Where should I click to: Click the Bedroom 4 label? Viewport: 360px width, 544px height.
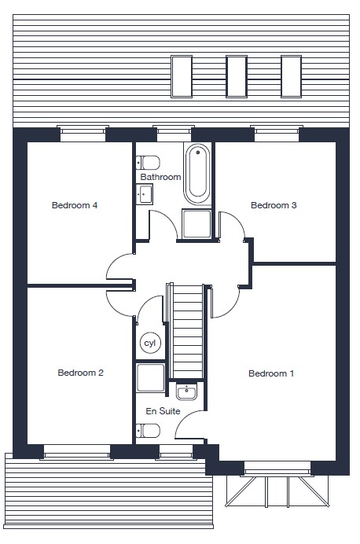coord(75,205)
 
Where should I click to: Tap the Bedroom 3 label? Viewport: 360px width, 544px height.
coord(274,205)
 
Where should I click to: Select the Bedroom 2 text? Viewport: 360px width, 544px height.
coord(80,373)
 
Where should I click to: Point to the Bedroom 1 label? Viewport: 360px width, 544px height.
coord(271,373)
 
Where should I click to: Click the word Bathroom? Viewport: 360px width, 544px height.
coord(160,177)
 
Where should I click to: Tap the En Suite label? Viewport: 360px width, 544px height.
coord(163,411)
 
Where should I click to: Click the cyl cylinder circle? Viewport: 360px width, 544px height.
coord(150,343)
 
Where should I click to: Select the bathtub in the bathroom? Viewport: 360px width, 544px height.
coord(197,175)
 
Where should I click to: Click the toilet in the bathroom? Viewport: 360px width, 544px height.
coord(148,163)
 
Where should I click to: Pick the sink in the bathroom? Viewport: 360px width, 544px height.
coord(145,194)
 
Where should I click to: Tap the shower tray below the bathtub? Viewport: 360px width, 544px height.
coord(197,224)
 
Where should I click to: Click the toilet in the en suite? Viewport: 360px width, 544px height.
coord(148,431)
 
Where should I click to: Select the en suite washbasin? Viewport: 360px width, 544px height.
coord(186,391)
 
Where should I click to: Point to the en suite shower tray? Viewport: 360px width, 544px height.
coord(150,378)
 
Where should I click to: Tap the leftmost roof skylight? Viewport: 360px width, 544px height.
coord(182,76)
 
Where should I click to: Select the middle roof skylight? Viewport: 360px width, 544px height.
coord(237,76)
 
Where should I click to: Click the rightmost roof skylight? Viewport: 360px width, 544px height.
coord(292,76)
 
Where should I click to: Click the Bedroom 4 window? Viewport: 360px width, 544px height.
coord(83,134)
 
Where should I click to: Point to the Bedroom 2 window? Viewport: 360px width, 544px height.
coord(77,452)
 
